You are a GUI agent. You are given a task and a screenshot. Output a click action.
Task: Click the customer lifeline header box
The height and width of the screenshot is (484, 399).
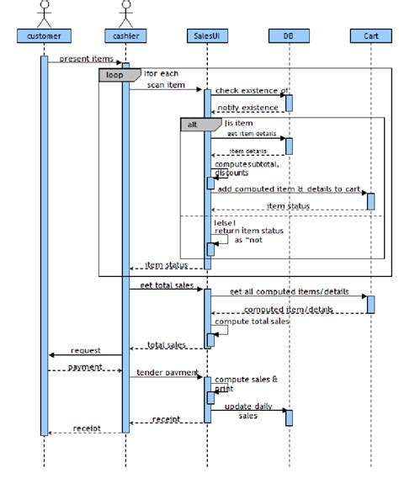click(44, 35)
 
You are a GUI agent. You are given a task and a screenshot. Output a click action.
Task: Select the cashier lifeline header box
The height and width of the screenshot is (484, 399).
click(125, 35)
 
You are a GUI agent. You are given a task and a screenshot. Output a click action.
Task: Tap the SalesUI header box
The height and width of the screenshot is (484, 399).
click(206, 35)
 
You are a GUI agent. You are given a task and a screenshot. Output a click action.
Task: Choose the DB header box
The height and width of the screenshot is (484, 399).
click(289, 35)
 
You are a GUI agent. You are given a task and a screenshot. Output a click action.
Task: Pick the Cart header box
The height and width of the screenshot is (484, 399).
click(370, 35)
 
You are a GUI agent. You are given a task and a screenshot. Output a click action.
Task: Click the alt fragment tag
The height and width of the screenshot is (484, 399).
click(193, 124)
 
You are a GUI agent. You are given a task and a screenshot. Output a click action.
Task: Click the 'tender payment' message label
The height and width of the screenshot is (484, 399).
click(167, 372)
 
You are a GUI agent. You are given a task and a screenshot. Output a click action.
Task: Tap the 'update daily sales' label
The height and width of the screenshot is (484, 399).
click(247, 410)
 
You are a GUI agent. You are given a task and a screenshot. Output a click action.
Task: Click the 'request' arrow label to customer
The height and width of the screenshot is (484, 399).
click(86, 350)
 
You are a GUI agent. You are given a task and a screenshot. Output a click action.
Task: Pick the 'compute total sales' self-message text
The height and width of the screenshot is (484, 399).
click(252, 321)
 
